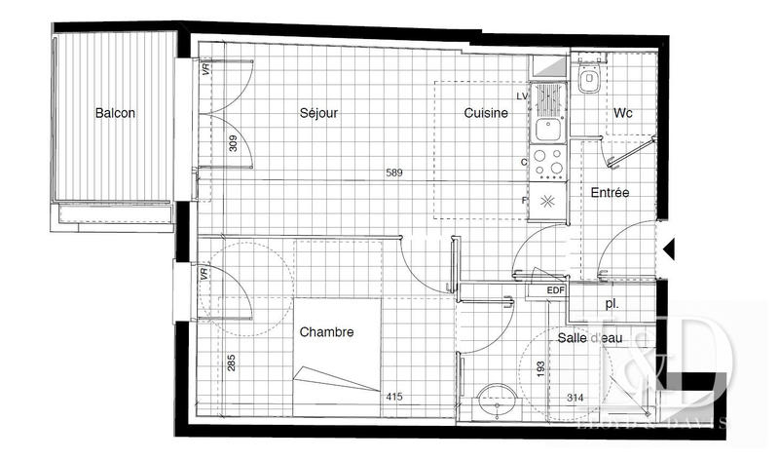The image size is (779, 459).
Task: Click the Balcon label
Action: click(115, 113)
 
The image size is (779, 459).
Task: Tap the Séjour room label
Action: click(318, 113)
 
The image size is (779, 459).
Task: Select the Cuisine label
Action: click(486, 113)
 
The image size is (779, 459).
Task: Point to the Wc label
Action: click(623, 113)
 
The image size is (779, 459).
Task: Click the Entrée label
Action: click(611, 193)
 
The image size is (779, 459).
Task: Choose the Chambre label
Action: click(326, 332)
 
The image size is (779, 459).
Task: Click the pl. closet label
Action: click(612, 304)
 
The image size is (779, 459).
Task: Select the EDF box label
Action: click(555, 290)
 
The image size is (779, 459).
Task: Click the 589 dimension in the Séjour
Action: click(394, 174)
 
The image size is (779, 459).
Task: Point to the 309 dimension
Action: click(232, 146)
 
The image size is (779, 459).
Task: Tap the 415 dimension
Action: click(394, 397)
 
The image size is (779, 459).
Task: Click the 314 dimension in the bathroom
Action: click(576, 397)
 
